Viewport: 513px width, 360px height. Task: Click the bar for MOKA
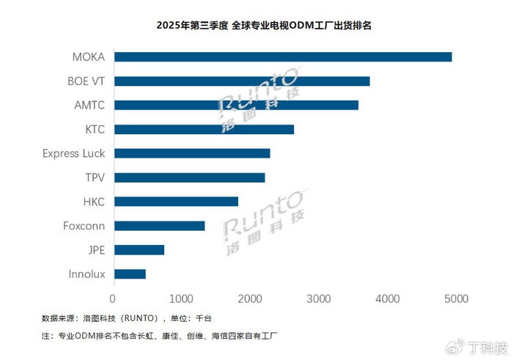click(283, 57)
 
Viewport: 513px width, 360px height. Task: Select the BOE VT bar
click(242, 81)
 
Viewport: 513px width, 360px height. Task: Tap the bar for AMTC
click(236, 106)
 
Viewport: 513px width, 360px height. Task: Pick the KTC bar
click(204, 130)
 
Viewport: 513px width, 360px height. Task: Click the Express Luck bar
click(192, 153)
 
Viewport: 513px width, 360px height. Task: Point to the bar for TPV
click(189, 177)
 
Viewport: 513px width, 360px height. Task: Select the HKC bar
click(176, 202)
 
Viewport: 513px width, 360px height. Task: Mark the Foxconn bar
click(159, 226)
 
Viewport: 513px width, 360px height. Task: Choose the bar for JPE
click(139, 250)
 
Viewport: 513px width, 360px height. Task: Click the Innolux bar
click(130, 274)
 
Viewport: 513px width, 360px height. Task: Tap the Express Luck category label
click(73, 153)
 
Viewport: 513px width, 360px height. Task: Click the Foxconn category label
click(84, 226)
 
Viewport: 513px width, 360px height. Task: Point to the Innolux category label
click(86, 274)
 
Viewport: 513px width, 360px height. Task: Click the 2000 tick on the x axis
click(250, 299)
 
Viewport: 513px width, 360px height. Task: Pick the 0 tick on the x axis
click(113, 299)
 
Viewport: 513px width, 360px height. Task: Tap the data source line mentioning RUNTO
click(126, 318)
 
